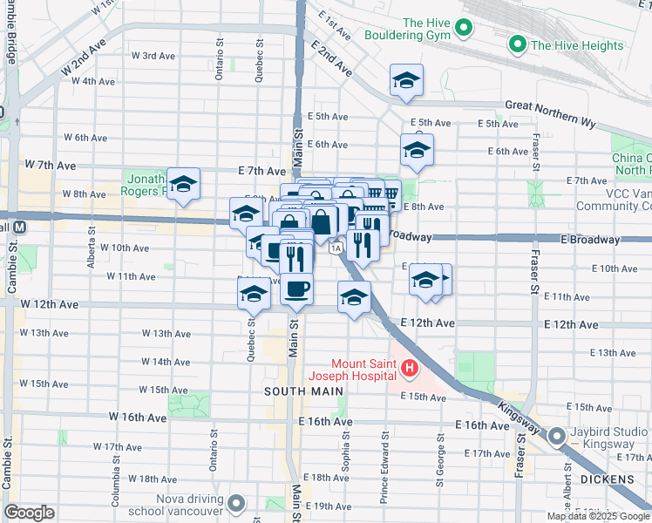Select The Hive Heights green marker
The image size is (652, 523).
(x=518, y=44)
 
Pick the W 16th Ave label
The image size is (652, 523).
(x=137, y=418)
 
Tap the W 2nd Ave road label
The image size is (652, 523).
(x=83, y=59)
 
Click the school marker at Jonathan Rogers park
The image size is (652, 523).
(x=183, y=184)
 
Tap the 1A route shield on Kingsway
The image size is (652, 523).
(x=336, y=248)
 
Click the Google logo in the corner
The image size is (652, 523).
(x=29, y=513)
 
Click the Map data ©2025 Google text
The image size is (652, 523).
(x=598, y=516)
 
